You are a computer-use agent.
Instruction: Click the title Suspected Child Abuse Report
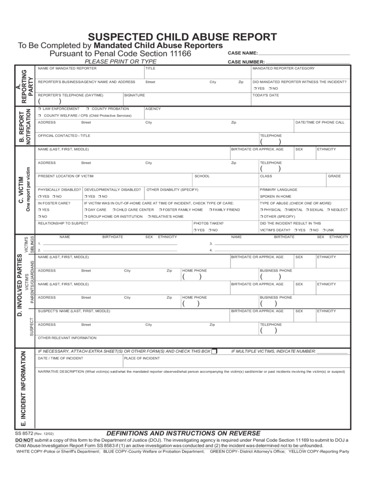point(182,37)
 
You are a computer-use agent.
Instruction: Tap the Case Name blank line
point(304,54)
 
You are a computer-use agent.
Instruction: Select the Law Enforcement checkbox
point(40,109)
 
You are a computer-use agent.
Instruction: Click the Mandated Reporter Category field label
point(283,68)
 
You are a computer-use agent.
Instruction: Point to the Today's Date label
point(266,95)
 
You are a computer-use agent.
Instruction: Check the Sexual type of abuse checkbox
point(307,210)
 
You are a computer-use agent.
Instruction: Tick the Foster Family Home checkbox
point(161,210)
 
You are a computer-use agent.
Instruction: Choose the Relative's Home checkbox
point(149,216)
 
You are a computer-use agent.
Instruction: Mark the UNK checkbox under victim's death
point(324,230)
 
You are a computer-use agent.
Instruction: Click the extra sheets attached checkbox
point(214,351)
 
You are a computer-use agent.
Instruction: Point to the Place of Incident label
point(142,358)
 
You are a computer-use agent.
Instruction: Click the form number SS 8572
point(24,434)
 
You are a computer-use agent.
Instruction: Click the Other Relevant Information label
point(67,338)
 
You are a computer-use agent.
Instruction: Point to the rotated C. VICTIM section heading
point(21,190)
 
